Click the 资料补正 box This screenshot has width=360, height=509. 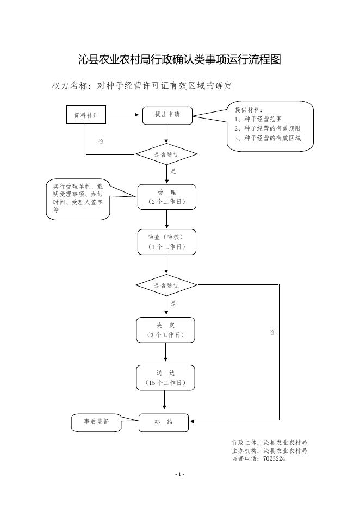click(x=86, y=115)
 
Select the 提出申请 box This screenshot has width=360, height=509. click(x=167, y=116)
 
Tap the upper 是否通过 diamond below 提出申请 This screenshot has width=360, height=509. click(x=166, y=154)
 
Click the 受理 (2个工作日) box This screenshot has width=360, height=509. click(x=167, y=197)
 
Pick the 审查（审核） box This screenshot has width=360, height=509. click(x=167, y=242)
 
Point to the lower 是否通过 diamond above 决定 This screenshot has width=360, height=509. click(x=166, y=285)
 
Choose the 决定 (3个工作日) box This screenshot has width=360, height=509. click(x=165, y=330)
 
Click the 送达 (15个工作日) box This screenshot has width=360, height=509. click(x=165, y=378)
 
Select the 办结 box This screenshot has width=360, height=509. click(x=164, y=423)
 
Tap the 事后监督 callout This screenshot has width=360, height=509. click(x=96, y=423)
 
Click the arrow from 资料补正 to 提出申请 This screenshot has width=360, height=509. click(x=123, y=115)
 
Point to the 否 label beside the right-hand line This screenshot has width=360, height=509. click(x=272, y=332)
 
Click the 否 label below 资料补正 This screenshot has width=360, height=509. click(x=101, y=141)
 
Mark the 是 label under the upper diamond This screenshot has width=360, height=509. click(x=173, y=171)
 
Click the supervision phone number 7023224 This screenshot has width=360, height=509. click(x=274, y=458)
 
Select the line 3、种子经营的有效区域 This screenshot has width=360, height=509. click(x=268, y=138)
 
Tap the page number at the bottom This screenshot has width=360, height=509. click(x=180, y=474)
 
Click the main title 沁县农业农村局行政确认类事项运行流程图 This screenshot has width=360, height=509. click(x=180, y=60)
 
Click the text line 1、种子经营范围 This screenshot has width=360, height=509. click(x=258, y=119)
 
